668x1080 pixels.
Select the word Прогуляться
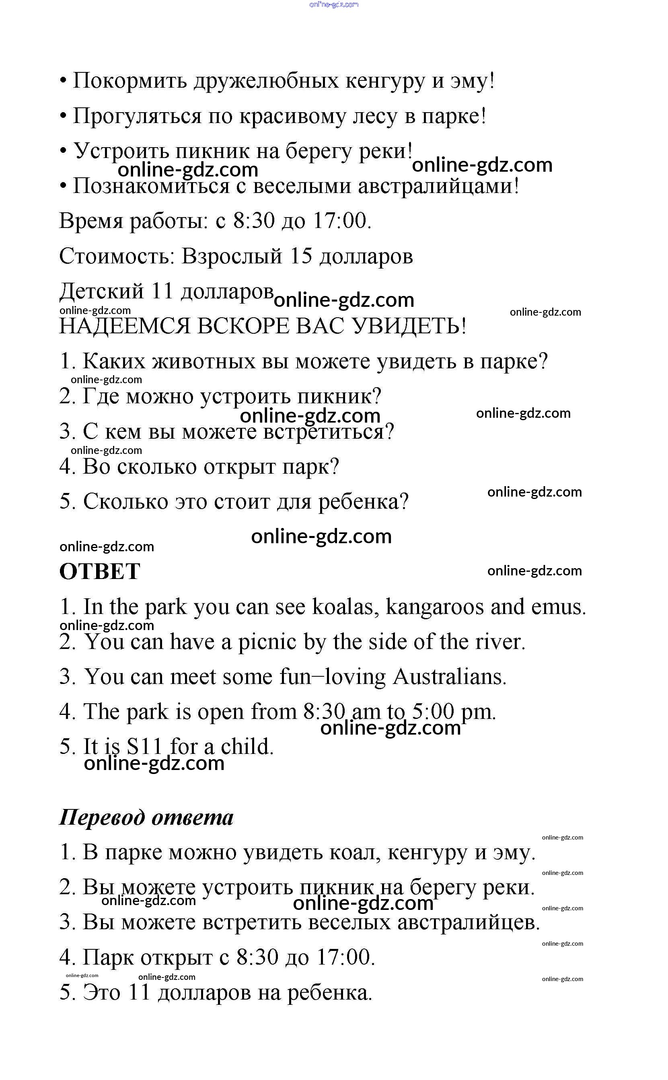137,116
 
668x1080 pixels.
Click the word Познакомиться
151,186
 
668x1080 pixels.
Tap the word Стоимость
117,256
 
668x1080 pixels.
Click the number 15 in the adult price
301,256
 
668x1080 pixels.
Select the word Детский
102,292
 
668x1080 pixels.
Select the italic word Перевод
102,817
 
